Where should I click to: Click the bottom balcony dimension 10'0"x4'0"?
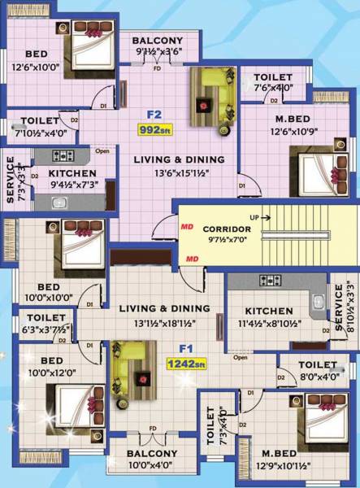[x=152, y=466]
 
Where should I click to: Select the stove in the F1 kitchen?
[x=269, y=281]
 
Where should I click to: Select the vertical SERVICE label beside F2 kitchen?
[x=11, y=174]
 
